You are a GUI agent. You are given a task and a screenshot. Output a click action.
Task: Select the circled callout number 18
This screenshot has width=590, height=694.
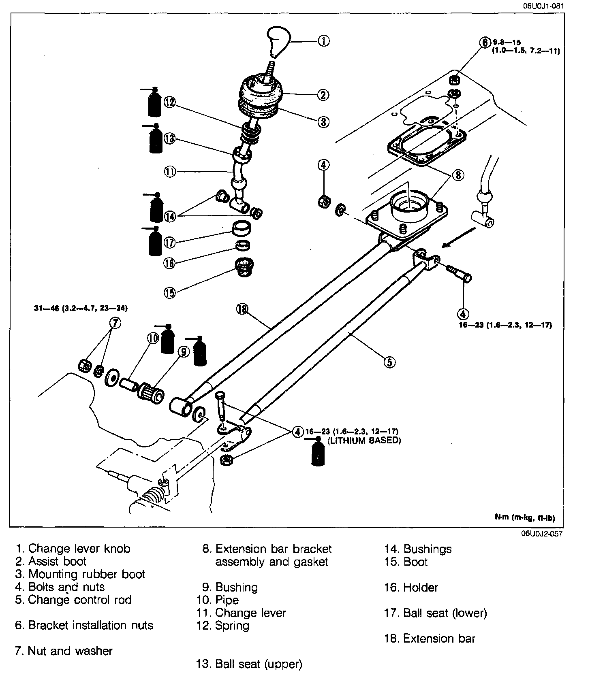pyautogui.click(x=242, y=309)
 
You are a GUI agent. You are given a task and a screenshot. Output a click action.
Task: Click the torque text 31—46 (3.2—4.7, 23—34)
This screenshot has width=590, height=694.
pyautogui.click(x=81, y=309)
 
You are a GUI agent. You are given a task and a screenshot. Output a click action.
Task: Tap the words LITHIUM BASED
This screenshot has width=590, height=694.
pyautogui.click(x=364, y=441)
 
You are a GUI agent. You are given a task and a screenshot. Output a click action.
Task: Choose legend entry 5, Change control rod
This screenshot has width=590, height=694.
pyautogui.click(x=73, y=600)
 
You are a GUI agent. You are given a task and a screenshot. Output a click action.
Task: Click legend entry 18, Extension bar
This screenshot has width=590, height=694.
pyautogui.click(x=430, y=639)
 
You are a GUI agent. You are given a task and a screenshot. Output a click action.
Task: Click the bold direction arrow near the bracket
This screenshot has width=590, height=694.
pyautogui.click(x=459, y=238)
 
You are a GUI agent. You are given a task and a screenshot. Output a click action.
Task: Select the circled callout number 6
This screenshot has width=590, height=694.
pyautogui.click(x=485, y=43)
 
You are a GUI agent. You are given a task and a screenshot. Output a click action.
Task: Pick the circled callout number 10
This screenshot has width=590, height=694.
pyautogui.click(x=152, y=338)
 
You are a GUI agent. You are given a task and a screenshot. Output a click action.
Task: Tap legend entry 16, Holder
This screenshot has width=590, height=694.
pyautogui.click(x=411, y=588)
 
